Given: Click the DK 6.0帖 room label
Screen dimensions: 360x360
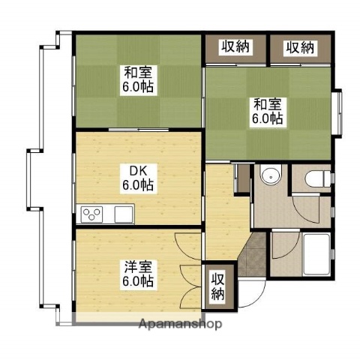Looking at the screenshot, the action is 138,178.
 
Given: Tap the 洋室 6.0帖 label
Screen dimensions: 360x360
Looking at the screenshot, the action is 138,274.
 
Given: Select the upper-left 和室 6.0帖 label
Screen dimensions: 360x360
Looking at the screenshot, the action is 138,79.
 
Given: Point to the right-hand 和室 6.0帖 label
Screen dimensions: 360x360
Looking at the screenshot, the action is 268,112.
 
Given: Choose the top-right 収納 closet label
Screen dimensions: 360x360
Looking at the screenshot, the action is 300,47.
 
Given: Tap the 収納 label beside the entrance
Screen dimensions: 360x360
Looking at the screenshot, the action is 217,286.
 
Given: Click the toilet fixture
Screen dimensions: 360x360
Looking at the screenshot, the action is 318,178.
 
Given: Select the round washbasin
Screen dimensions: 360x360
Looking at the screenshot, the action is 271,175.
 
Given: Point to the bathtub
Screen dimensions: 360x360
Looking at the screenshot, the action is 316,254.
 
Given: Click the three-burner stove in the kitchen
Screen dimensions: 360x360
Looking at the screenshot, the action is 91,214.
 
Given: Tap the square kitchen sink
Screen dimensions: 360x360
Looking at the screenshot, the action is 124,214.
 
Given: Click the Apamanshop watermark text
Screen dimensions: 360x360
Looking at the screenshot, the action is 180,324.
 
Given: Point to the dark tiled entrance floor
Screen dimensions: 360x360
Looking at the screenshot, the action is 253,255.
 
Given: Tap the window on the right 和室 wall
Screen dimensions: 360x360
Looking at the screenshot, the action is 339,113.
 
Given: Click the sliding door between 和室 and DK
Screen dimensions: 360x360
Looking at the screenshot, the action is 139,130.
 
